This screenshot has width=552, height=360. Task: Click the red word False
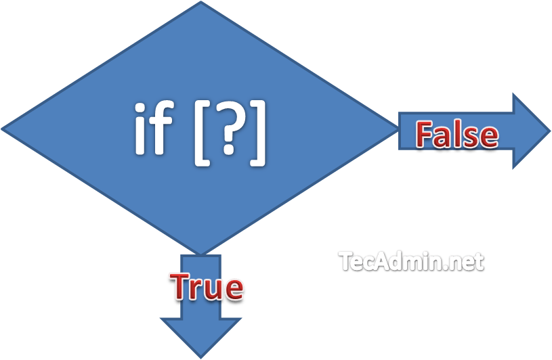[457, 135]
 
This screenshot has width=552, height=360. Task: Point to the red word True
[207, 287]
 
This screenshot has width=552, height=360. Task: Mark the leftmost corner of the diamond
[5, 127]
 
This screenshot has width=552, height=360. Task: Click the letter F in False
[424, 135]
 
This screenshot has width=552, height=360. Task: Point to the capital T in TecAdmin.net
[345, 259]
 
